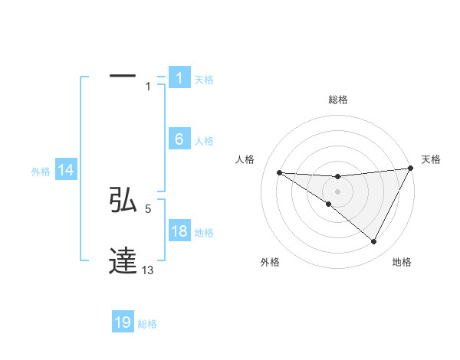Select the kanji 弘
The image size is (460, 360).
pyautogui.click(x=123, y=200)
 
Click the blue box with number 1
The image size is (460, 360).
pyautogui.click(x=179, y=78)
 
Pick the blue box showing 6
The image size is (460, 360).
pyautogui.click(x=179, y=139)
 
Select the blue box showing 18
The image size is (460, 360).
pyautogui.click(x=179, y=231)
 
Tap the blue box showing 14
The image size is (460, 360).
pyautogui.click(x=66, y=171)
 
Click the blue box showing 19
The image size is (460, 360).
pyautogui.click(x=123, y=322)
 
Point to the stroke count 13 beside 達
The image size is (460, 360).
pyautogui.click(x=148, y=270)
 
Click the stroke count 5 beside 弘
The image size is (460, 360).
pyautogui.click(x=148, y=208)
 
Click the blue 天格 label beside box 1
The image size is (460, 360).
pyautogui.click(x=204, y=80)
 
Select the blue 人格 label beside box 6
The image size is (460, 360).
pyautogui.click(x=204, y=141)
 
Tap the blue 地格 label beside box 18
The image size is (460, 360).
pyautogui.click(x=204, y=233)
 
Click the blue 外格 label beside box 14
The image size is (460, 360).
pyautogui.click(x=41, y=172)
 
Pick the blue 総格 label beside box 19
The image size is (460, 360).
pyautogui.click(x=147, y=324)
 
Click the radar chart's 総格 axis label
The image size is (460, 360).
pyautogui.click(x=337, y=100)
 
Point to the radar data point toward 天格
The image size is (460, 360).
pyautogui.click(x=410, y=169)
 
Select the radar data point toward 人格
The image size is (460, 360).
pyautogui.click(x=279, y=172)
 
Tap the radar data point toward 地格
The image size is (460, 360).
pyautogui.click(x=374, y=242)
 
